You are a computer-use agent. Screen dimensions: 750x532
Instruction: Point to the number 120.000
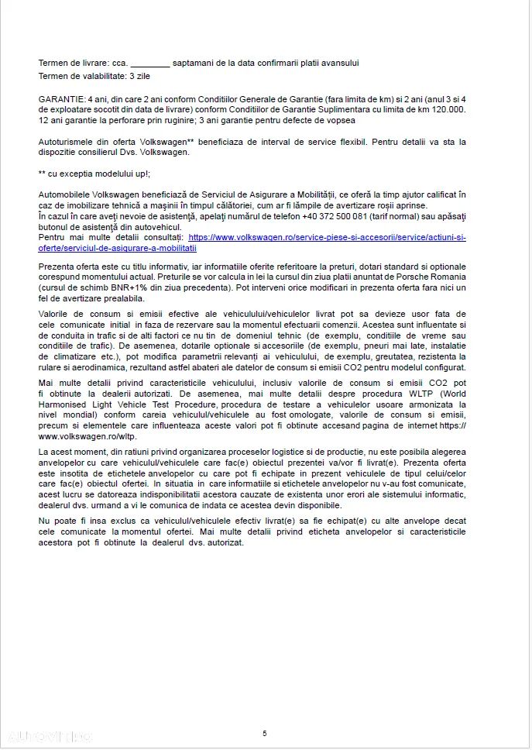coord(449,109)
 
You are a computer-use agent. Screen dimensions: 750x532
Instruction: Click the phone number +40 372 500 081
coord(336,215)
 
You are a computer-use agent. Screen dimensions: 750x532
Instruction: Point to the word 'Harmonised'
coord(67,404)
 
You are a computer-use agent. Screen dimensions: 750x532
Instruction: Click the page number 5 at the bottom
coord(265,733)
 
